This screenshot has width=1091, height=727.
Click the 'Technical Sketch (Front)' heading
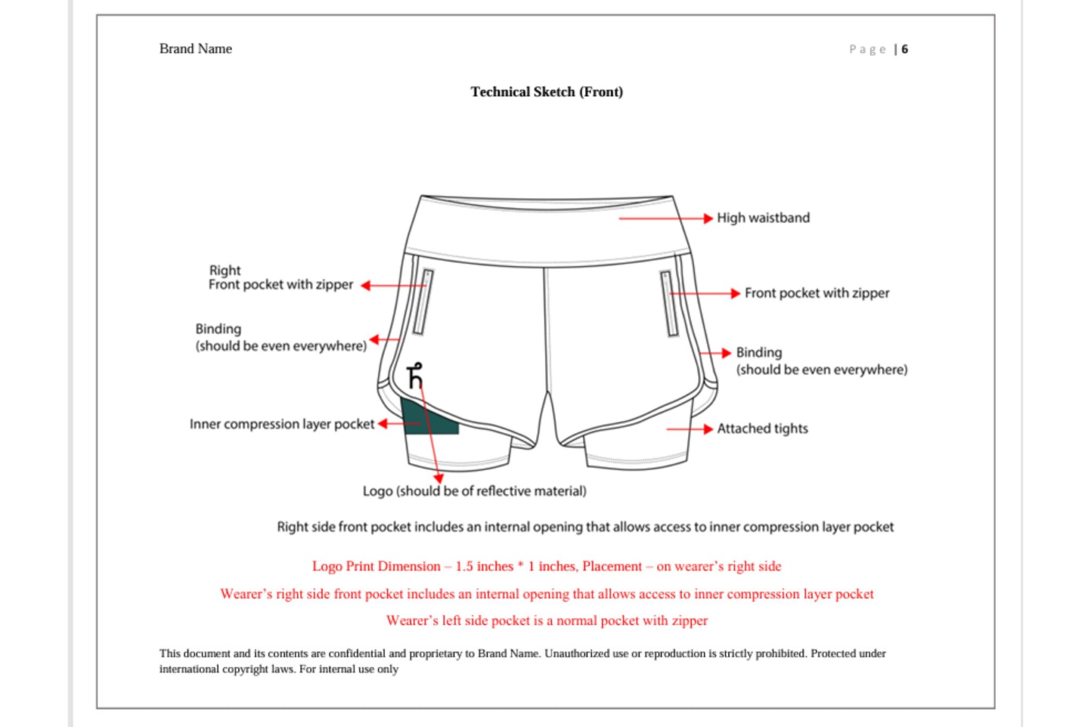tap(547, 92)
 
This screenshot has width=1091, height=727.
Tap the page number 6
tap(905, 50)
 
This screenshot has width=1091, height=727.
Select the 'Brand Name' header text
tap(196, 48)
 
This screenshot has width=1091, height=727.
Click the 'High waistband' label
tap(763, 218)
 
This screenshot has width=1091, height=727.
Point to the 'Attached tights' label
tap(762, 428)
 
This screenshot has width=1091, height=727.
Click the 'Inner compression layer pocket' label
tap(282, 424)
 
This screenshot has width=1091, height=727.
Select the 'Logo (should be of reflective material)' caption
tap(474, 491)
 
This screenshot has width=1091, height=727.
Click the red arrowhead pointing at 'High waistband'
tap(708, 218)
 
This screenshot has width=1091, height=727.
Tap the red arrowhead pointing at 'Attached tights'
tap(708, 429)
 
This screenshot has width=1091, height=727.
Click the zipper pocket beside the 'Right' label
tap(424, 302)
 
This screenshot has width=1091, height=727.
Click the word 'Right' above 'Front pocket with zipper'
tap(225, 270)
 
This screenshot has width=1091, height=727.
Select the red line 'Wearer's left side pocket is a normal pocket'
tap(547, 620)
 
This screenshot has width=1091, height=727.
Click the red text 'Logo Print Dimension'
tap(376, 566)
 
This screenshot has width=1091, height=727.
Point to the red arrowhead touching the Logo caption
tap(438, 479)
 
